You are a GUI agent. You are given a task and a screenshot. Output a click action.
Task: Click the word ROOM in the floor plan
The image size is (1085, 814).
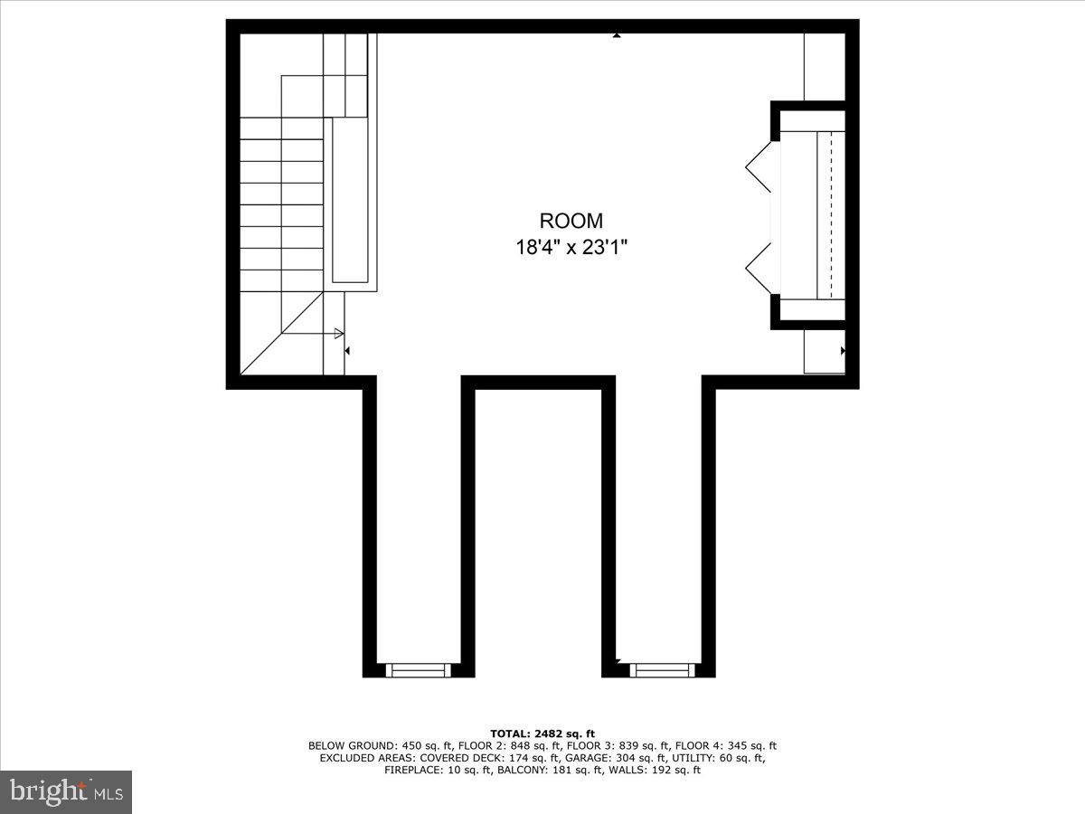[571, 221]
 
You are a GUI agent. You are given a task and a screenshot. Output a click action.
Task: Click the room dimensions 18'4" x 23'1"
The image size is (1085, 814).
[571, 247]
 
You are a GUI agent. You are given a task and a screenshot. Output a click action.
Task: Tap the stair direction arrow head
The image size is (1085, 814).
[340, 333]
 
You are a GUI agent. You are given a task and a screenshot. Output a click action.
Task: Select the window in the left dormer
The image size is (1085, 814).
[417, 670]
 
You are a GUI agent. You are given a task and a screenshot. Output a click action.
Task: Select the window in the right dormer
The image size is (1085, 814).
[659, 670]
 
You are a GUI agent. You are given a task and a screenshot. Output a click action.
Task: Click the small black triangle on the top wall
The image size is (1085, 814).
[617, 35]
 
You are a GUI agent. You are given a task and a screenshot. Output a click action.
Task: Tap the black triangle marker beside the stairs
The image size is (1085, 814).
[348, 350]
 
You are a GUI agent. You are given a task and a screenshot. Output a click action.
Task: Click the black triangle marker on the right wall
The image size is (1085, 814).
[843, 350]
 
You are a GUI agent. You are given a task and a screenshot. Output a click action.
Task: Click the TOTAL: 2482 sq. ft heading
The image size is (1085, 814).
[542, 734]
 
